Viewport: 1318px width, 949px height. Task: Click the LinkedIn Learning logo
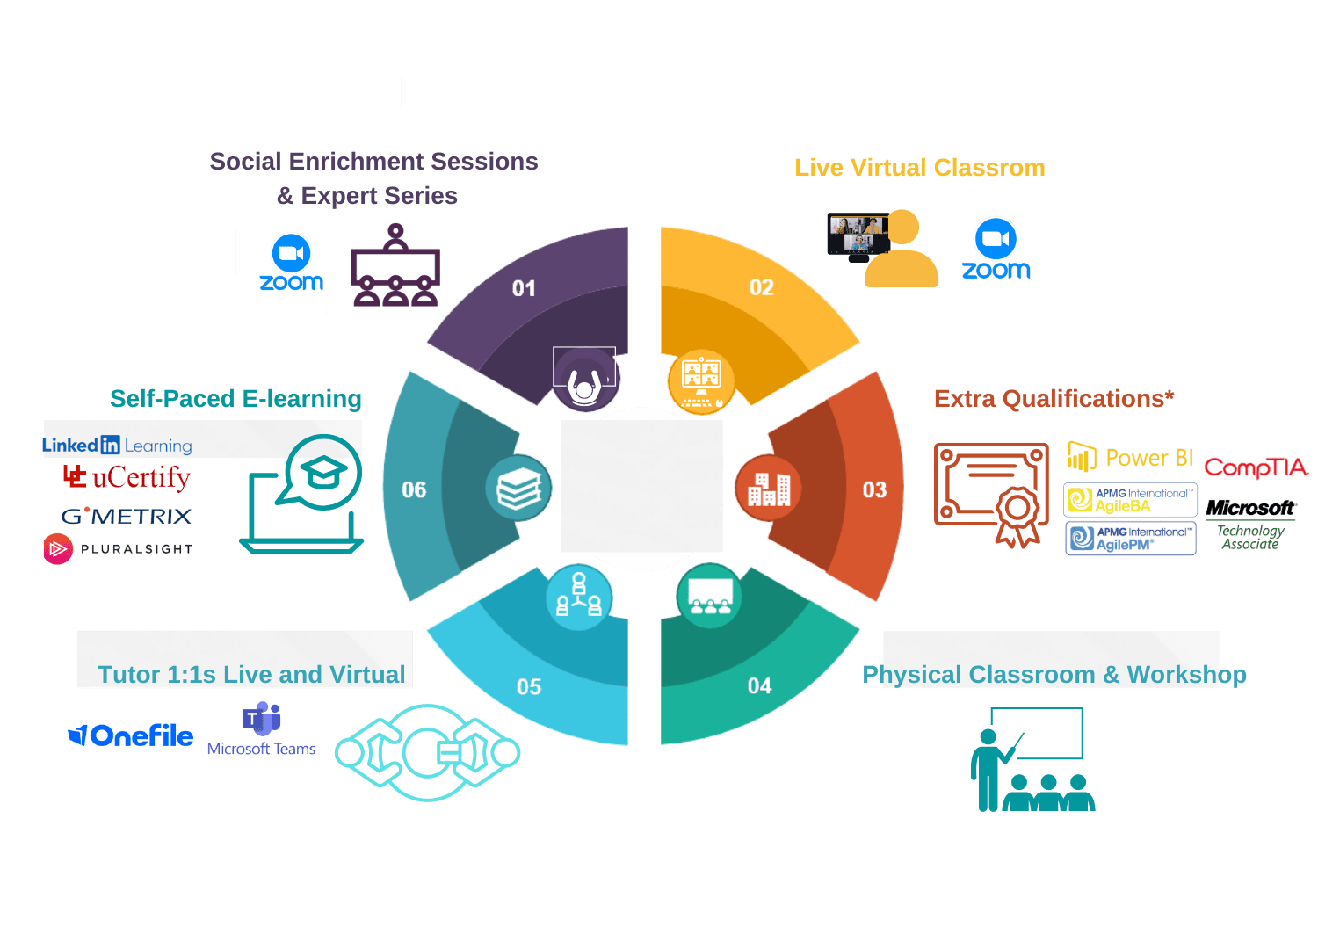(x=117, y=446)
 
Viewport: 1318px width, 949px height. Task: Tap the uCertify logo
(x=127, y=477)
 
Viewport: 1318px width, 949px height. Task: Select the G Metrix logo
(x=127, y=516)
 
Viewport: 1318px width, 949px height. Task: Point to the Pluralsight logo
(x=118, y=549)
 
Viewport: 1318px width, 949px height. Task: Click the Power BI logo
(x=1130, y=458)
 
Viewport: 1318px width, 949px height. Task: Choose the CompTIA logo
(x=1256, y=467)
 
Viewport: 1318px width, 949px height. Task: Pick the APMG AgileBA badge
(x=1130, y=500)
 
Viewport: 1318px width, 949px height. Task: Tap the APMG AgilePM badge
(x=1131, y=539)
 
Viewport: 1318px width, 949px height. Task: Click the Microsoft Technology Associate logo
(x=1250, y=524)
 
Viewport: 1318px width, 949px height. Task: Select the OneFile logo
(x=131, y=735)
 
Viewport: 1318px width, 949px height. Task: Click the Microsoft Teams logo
(x=261, y=729)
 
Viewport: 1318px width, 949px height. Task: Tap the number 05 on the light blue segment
(x=529, y=687)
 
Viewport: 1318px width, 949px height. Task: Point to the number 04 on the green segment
(x=759, y=686)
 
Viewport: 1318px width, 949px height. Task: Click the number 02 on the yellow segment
(x=762, y=287)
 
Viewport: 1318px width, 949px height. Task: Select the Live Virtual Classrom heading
(x=920, y=168)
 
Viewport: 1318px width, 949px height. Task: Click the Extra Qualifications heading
(x=1054, y=399)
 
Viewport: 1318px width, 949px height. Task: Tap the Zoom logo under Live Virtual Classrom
(x=996, y=250)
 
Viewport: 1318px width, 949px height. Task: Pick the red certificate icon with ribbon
(x=991, y=492)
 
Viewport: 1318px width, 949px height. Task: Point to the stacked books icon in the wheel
(x=518, y=489)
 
